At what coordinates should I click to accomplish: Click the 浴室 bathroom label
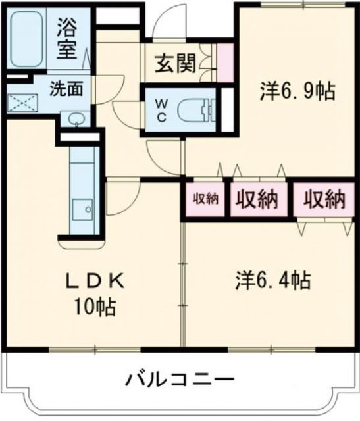(x=67, y=39)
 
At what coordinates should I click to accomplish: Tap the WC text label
(x=162, y=109)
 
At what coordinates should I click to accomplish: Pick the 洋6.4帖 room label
(x=272, y=281)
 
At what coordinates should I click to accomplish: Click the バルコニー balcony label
(x=180, y=380)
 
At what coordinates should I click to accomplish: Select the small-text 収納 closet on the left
(x=205, y=199)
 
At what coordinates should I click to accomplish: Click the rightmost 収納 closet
(x=324, y=199)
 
